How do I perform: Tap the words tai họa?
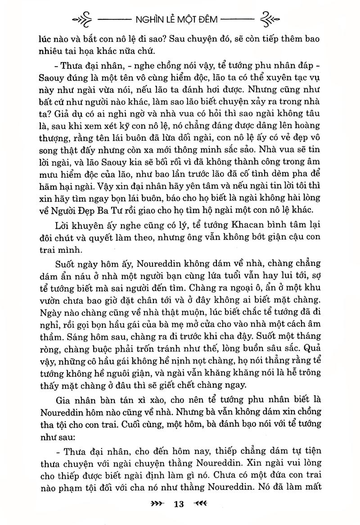pyautogui.click(x=100, y=49)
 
